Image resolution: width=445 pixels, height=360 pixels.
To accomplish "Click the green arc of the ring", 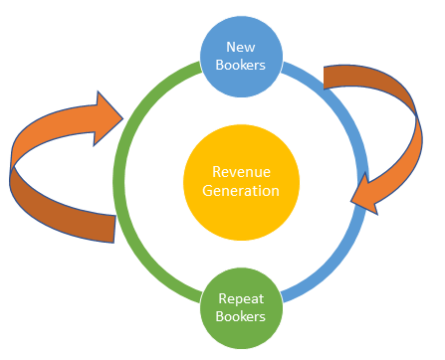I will click(118, 179).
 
